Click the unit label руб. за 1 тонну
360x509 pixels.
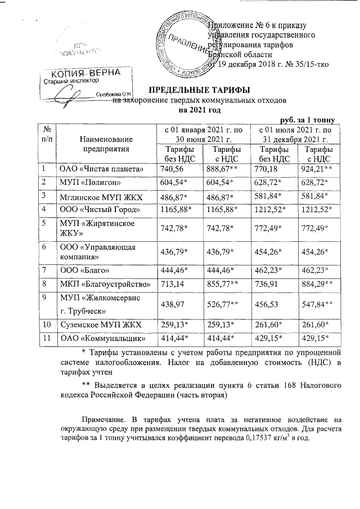[x=308, y=119]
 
